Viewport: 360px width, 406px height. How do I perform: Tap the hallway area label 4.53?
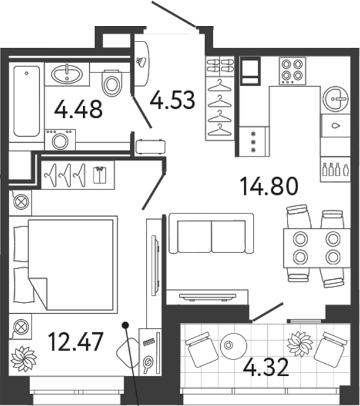click(173, 99)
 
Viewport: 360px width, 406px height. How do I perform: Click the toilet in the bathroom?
click(111, 83)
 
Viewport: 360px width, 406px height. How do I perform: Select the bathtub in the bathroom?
click(27, 101)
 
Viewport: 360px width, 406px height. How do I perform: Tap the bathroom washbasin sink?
click(68, 74)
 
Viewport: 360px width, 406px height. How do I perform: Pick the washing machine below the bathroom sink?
click(60, 141)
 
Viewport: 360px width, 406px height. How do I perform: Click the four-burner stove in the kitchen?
click(292, 71)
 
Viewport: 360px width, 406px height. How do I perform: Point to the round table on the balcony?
click(229, 343)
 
